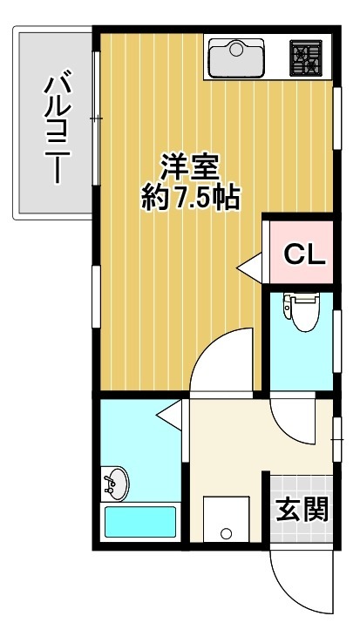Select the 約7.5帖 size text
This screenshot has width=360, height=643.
[191, 199]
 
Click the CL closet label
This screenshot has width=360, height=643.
[305, 254]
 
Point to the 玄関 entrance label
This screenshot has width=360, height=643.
[302, 510]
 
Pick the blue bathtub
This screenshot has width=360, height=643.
[139, 522]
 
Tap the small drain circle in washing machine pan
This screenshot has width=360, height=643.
[226, 534]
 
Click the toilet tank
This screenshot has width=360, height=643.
[302, 299]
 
